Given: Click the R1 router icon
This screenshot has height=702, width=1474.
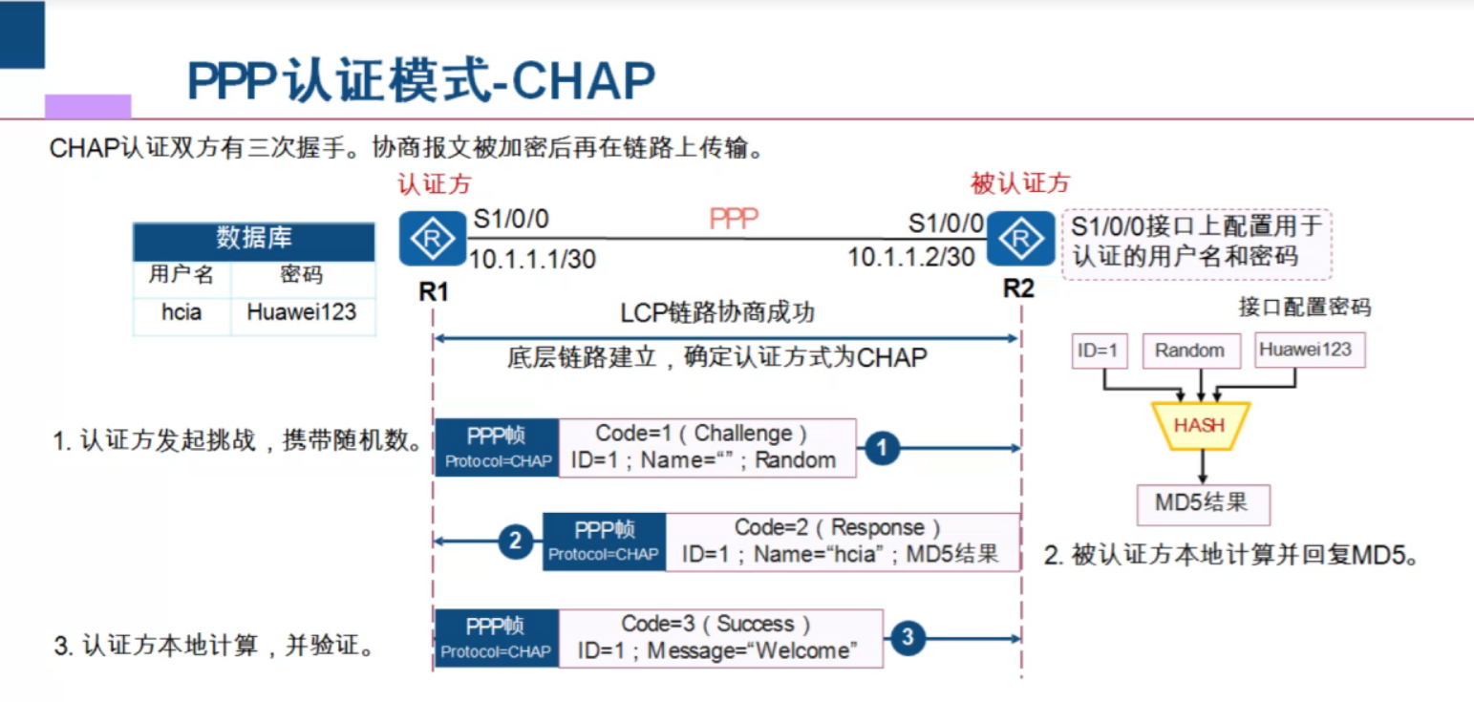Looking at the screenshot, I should pos(433,241).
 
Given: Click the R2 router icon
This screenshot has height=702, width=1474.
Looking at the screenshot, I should pos(1020,239).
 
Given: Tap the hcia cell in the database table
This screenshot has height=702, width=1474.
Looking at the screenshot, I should pos(182,311).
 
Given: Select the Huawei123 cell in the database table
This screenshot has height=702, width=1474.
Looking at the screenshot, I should pos(302,311).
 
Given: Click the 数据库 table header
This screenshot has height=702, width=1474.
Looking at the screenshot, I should pos(253,239).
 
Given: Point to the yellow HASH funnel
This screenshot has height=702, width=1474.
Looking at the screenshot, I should pos(1200,425).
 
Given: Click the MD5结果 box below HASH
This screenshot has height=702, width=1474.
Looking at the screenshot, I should pos(1202,503).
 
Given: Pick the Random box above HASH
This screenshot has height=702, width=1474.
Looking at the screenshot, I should pos(1189,351).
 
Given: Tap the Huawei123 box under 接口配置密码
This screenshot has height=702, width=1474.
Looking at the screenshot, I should pos(1306,350).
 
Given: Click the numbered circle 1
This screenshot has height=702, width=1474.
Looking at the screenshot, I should pos(882,447).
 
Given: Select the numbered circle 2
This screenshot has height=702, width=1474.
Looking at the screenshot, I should pos(516,542).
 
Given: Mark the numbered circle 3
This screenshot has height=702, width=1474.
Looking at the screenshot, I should pos(908,637).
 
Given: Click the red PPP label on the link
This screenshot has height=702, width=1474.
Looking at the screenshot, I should pos(733,219).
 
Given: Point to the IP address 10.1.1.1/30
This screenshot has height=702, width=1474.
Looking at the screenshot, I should pos(531,258).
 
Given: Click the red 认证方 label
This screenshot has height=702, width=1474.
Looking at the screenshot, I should pos(435,183).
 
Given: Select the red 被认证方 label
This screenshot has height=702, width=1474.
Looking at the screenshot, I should pos(1020,183).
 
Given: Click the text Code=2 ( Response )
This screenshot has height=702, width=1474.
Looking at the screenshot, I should pos(838,527).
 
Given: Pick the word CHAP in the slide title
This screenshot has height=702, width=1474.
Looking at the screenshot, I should pos(584,82).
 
